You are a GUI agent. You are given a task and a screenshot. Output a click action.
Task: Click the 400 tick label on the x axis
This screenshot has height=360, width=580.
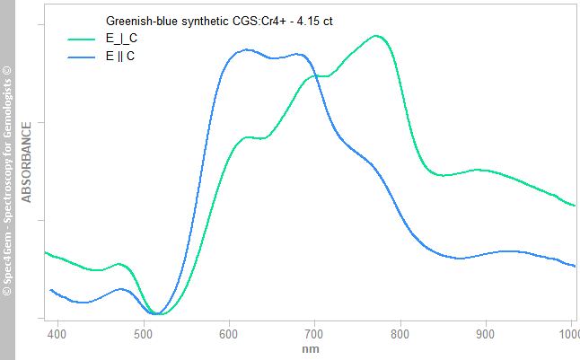click(x=57, y=334)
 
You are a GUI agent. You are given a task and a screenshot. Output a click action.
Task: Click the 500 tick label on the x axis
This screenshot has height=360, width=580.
click(x=144, y=334)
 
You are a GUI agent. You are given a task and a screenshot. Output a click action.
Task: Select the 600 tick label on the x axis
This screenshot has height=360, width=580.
click(x=229, y=334)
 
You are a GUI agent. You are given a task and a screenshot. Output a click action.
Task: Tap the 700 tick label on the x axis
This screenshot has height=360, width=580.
click(x=314, y=334)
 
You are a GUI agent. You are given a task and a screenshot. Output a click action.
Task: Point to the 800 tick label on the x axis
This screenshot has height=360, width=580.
click(x=400, y=334)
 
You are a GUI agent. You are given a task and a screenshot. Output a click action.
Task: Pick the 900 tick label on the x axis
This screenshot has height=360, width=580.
click(x=486, y=334)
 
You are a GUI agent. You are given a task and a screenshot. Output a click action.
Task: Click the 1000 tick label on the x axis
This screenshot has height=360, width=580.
click(x=567, y=334)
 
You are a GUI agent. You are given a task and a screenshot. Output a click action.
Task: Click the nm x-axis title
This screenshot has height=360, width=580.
click(x=310, y=348)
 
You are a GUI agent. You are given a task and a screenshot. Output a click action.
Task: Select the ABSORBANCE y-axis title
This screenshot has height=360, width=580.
click(x=27, y=162)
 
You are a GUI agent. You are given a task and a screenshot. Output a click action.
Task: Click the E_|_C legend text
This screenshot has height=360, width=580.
click(x=121, y=39)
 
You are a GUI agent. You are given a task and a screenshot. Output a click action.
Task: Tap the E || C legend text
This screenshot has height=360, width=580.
click(x=120, y=56)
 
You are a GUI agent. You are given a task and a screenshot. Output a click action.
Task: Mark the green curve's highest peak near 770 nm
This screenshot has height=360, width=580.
click(x=376, y=36)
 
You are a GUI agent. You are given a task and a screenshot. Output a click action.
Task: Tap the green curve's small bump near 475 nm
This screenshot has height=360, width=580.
click(x=119, y=264)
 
